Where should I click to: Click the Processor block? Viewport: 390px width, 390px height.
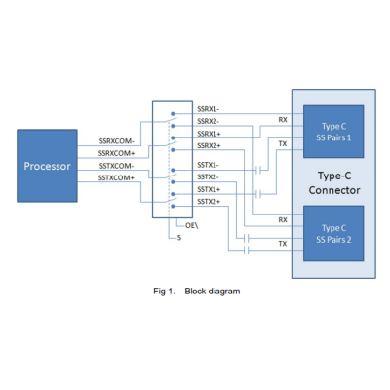[x=47, y=166]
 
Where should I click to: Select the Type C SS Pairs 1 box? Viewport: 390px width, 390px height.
[x=333, y=132]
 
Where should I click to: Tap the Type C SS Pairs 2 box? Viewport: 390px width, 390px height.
[x=333, y=233]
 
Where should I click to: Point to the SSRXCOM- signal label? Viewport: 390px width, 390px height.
[x=116, y=141]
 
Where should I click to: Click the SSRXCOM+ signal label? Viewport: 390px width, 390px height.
[x=116, y=153]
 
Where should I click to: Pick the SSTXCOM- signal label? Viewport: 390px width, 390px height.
[x=116, y=166]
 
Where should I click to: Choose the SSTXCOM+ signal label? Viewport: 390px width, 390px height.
[x=116, y=177]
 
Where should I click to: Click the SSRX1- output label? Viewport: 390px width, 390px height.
[x=208, y=109]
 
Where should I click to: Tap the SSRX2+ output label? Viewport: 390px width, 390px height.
[x=209, y=145]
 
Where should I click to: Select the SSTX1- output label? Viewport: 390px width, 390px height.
[x=208, y=165]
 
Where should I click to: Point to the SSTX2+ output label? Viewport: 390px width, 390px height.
[x=209, y=202]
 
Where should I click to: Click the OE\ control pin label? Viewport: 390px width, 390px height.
[x=192, y=225]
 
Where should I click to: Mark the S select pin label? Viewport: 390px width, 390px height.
[x=179, y=238]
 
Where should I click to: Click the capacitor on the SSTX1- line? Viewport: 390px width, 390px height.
[x=258, y=170]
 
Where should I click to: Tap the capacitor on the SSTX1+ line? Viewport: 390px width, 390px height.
[x=258, y=194]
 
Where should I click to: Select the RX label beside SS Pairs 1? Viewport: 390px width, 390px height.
[x=283, y=120]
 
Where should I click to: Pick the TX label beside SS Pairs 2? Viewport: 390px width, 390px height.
[x=283, y=244]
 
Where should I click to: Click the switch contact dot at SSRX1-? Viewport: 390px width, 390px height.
[x=173, y=114]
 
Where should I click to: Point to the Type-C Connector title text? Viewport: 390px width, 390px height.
[x=334, y=183]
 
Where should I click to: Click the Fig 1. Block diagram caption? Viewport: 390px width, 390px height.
[x=197, y=292]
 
